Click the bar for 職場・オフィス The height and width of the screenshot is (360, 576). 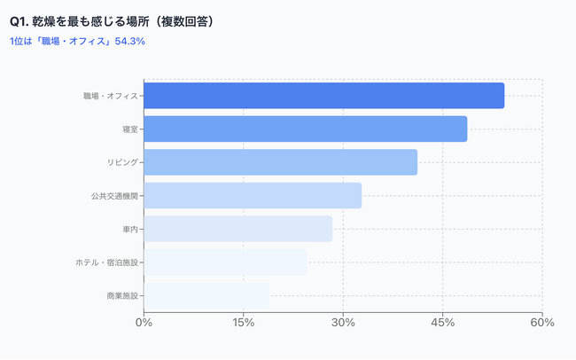pyautogui.click(x=323, y=96)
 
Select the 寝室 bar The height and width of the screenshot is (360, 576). pyautogui.click(x=305, y=129)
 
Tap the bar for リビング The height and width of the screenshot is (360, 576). pyautogui.click(x=280, y=162)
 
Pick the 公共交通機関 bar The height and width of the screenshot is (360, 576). pyautogui.click(x=253, y=195)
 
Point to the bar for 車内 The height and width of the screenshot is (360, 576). pyautogui.click(x=237, y=229)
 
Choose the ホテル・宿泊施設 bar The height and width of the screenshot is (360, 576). pyautogui.click(x=225, y=262)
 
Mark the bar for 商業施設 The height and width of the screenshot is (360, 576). pyautogui.click(x=206, y=295)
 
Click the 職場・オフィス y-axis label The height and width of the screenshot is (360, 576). pyautogui.click(x=111, y=96)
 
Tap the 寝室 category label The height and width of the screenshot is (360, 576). pyautogui.click(x=130, y=129)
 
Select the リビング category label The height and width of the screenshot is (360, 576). pyautogui.click(x=122, y=162)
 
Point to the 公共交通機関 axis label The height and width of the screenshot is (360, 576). pyautogui.click(x=115, y=196)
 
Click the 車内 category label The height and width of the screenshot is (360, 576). pyautogui.click(x=130, y=229)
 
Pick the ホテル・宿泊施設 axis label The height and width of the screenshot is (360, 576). pyautogui.click(x=107, y=262)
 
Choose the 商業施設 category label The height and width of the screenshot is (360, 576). pyautogui.click(x=122, y=295)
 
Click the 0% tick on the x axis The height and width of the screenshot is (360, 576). pyautogui.click(x=144, y=323)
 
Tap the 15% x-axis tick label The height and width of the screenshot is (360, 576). pyautogui.click(x=243, y=323)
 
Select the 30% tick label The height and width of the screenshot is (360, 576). pyautogui.click(x=343, y=323)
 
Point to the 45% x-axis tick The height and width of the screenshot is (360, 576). pyautogui.click(x=442, y=323)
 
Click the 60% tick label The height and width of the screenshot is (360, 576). pyautogui.click(x=541, y=323)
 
